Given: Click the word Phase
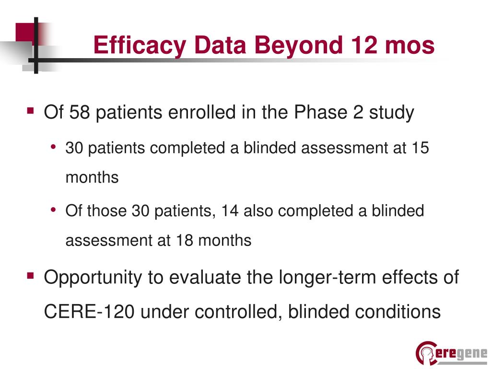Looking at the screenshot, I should click(316, 112).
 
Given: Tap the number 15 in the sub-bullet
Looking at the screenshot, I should click(420, 148).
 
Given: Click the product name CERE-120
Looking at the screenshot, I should click(87, 311).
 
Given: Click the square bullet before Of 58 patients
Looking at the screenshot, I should click(31, 111).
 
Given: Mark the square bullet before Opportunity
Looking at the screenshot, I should click(31, 276).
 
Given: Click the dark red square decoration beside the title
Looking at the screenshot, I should click(25, 33).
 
